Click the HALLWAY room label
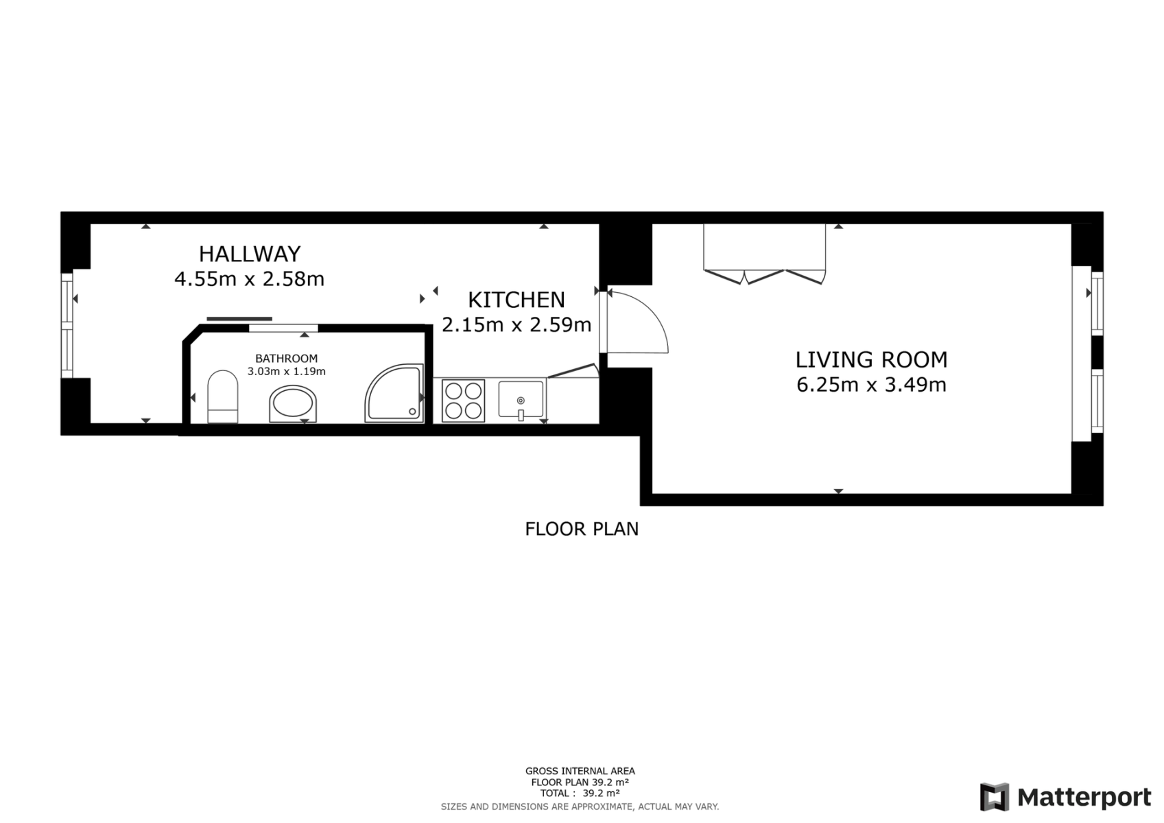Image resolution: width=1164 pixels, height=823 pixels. [x=250, y=254]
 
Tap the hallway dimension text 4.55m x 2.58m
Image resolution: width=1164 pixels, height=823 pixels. [x=250, y=280]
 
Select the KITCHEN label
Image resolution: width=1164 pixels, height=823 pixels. [x=516, y=300]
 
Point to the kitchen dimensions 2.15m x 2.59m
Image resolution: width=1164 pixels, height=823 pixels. [x=516, y=324]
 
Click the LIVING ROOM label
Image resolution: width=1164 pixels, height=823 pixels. [x=871, y=359]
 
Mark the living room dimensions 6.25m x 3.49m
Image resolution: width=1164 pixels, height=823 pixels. [x=871, y=385]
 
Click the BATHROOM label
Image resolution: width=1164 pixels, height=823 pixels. [x=286, y=359]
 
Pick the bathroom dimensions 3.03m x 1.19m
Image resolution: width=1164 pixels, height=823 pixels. [x=286, y=372]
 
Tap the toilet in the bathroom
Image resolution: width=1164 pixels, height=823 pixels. [x=222, y=396]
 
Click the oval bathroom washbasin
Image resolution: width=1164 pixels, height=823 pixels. [x=293, y=404]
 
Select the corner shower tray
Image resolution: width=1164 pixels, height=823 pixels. [x=394, y=393]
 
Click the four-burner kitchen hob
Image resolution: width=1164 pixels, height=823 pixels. [x=463, y=401]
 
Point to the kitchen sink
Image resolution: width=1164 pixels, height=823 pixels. [x=521, y=400]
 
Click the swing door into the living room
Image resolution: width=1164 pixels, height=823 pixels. [x=638, y=323]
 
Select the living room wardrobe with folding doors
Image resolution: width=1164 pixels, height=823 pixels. [x=764, y=254]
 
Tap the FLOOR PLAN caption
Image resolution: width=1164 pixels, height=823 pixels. [x=582, y=529]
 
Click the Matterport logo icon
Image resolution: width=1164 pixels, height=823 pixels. [x=994, y=797]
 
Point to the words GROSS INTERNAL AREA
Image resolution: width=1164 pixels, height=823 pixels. [x=580, y=772]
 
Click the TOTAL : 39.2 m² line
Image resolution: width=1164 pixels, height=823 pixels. [x=580, y=794]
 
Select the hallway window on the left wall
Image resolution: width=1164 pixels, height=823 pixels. [x=67, y=325]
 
